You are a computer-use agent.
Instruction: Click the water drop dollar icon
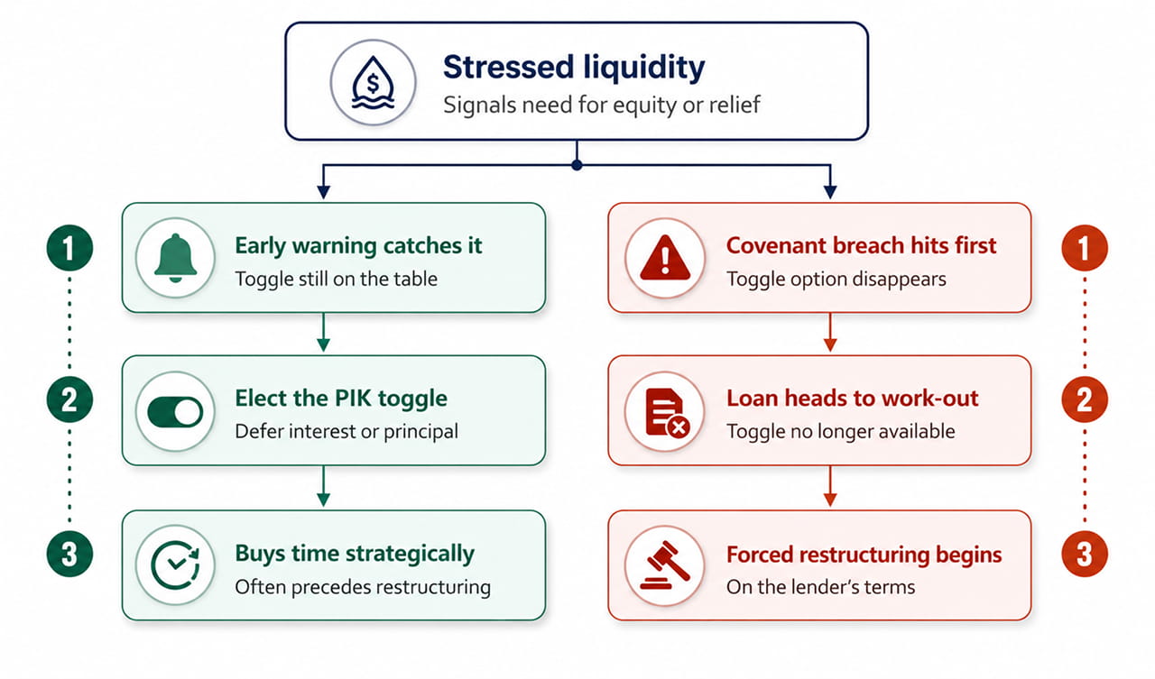click(x=373, y=82)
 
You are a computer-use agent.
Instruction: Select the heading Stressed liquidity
click(x=574, y=68)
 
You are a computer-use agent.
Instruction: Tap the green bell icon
click(x=175, y=258)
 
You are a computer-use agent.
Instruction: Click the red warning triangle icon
click(x=665, y=258)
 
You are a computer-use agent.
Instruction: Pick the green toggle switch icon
click(x=175, y=411)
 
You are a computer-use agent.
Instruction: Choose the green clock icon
click(x=175, y=565)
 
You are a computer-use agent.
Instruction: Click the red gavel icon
click(x=665, y=565)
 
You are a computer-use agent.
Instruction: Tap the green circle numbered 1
click(x=69, y=248)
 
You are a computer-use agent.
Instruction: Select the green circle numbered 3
click(x=69, y=554)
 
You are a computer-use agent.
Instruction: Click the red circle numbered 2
click(x=1085, y=399)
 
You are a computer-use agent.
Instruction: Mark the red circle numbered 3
click(x=1085, y=554)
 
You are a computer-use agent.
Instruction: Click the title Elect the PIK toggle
click(x=341, y=399)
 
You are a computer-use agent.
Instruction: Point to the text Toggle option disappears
click(x=836, y=280)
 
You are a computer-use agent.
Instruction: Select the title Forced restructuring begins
click(x=864, y=555)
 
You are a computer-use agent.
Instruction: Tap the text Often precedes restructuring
click(x=363, y=587)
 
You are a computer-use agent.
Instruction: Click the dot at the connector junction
click(x=577, y=165)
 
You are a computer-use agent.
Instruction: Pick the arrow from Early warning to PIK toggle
click(x=323, y=333)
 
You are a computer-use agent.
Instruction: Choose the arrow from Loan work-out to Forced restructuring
click(x=829, y=486)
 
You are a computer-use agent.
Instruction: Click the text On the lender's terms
click(x=820, y=587)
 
